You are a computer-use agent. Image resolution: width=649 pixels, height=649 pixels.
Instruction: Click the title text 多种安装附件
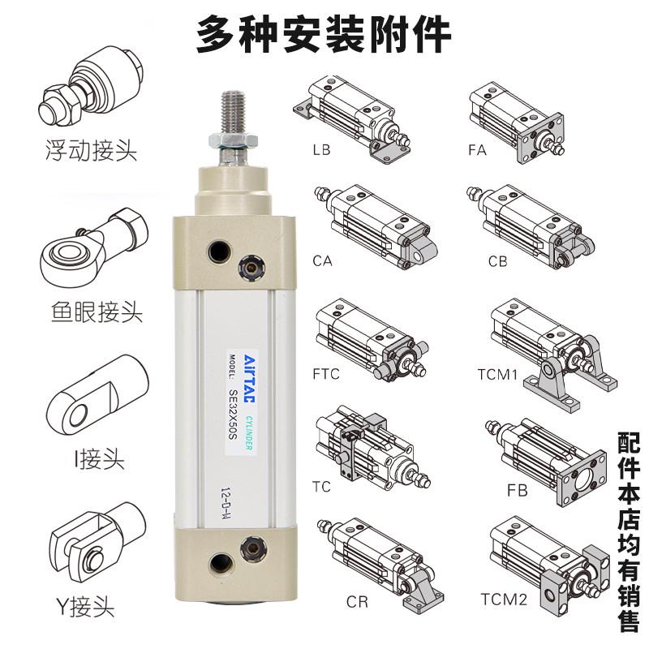tap(324, 34)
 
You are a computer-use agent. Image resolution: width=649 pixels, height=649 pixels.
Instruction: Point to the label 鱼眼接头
tap(91, 311)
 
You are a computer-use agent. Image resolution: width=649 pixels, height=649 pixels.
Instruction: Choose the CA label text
tap(322, 261)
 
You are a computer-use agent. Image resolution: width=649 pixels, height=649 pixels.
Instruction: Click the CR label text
tap(357, 603)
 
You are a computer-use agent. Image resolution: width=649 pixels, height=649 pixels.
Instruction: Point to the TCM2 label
tap(503, 600)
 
